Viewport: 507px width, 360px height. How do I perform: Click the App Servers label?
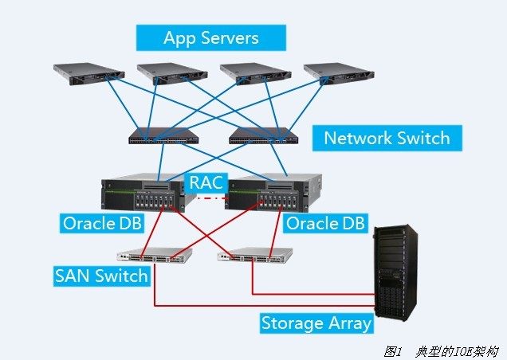210,37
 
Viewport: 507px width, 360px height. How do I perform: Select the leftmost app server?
88,73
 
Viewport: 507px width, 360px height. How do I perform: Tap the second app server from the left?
171,73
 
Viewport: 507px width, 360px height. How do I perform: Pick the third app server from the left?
254,73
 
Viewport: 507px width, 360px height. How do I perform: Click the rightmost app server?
338,73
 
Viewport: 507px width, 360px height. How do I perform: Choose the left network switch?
163,136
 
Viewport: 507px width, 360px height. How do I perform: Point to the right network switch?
262,136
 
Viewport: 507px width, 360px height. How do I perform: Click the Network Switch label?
387,138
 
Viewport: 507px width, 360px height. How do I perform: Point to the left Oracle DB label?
102,223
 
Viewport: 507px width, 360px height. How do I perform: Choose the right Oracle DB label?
325,223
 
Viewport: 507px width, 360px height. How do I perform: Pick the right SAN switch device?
253,256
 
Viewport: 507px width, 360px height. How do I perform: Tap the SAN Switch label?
101,276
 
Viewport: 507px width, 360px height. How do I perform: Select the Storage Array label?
316,323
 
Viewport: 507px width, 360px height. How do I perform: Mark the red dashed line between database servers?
206,196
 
